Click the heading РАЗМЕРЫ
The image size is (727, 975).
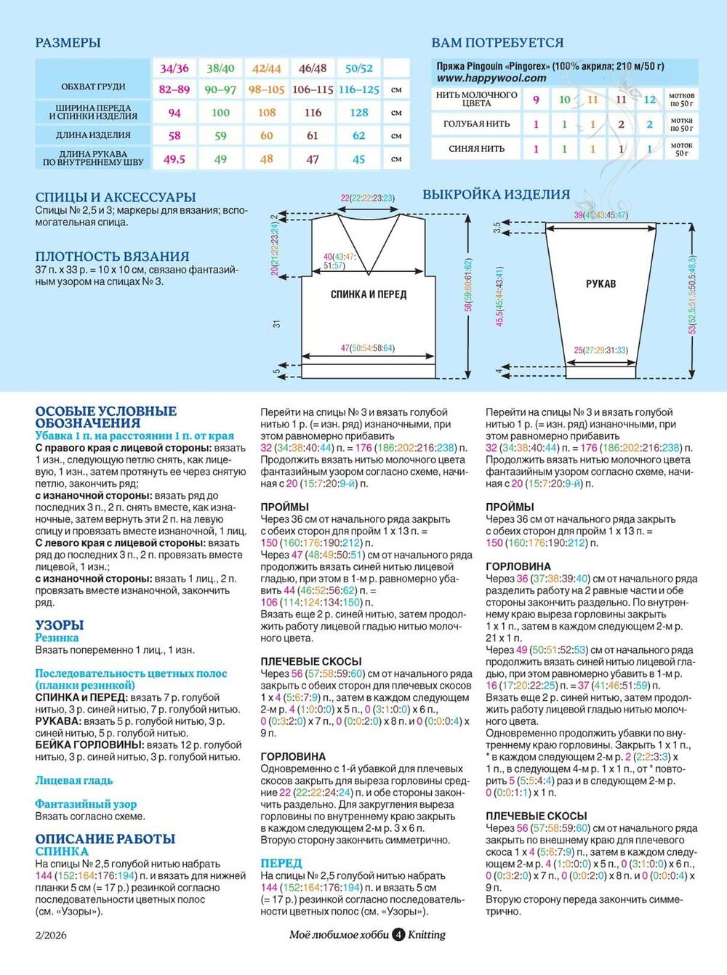[68, 43]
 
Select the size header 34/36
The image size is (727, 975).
[174, 68]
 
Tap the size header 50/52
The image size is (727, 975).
[359, 68]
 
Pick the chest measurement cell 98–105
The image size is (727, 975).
[267, 89]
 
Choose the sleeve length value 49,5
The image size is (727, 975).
[174, 159]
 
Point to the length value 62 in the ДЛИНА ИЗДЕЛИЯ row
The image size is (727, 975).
[359, 135]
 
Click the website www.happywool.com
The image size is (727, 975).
[491, 78]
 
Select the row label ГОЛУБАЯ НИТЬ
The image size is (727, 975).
[477, 124]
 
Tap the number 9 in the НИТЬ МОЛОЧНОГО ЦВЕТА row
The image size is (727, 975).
[537, 100]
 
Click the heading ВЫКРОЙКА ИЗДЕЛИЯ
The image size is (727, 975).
[497, 195]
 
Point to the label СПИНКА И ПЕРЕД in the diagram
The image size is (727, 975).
[369, 294]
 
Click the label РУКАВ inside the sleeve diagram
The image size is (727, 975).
[601, 284]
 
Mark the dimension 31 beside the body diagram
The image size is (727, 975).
[277, 324]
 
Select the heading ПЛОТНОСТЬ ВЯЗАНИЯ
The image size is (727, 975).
[112, 256]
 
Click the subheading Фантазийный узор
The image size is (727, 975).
[86, 804]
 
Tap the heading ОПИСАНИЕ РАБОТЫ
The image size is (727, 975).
[105, 838]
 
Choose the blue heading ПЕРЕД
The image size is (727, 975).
[281, 863]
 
